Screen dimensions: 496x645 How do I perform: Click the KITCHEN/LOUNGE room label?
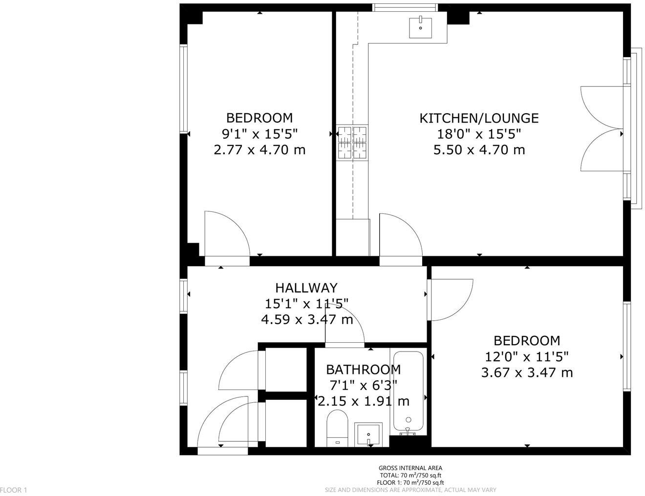click(x=479, y=118)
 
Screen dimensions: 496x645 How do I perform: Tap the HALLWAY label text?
click(x=306, y=288)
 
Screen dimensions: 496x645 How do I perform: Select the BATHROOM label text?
click(x=363, y=370)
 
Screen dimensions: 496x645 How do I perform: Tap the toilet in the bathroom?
click(x=337, y=428)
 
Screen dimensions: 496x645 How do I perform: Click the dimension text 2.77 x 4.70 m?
click(x=259, y=149)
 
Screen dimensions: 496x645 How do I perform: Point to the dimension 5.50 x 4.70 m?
click(x=479, y=149)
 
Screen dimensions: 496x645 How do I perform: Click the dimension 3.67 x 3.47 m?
click(x=527, y=372)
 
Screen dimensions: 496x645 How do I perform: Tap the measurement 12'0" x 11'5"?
click(x=527, y=357)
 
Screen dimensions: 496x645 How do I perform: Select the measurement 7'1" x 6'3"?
click(x=363, y=385)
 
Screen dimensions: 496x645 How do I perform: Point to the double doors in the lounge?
click(x=601, y=129)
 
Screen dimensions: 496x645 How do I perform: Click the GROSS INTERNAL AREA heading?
click(x=410, y=468)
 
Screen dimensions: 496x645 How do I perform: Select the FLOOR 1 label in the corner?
click(x=14, y=490)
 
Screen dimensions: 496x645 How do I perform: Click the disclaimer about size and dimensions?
click(x=410, y=490)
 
